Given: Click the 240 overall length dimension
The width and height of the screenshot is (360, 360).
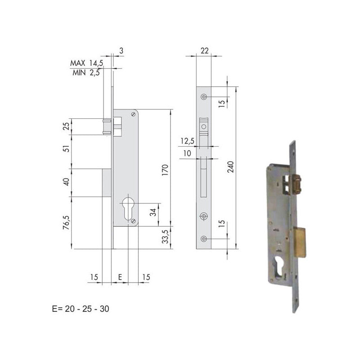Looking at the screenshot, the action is pos(231,167).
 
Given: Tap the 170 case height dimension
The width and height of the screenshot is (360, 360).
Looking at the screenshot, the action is pos(165,170).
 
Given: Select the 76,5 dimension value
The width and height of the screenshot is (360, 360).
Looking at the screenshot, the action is pos(66,222).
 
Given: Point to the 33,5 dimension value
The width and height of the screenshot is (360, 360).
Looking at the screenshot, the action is pos(165,237).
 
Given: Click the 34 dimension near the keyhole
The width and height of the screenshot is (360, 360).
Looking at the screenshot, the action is pos(153,212).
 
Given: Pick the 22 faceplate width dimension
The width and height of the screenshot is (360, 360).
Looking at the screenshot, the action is pos(205,50).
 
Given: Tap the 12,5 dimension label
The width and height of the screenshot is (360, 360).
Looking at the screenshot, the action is pos(187,141).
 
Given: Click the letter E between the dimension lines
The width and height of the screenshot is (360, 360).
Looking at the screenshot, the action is pos(120,277).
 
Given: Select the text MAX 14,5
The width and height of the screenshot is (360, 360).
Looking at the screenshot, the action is pos(86,63).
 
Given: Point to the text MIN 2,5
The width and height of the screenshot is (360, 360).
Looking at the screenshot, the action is pos(86,73).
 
